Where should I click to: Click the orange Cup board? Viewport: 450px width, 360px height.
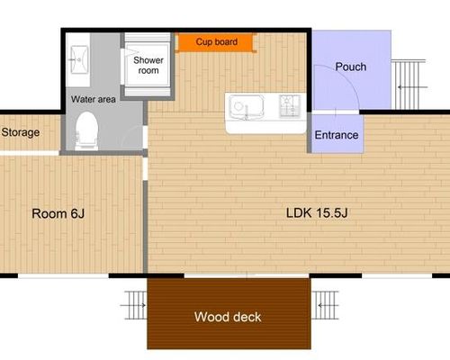[x=216, y=42]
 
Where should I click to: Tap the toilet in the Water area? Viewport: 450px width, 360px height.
[x=87, y=130]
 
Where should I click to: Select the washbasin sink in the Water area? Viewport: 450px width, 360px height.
[x=79, y=59]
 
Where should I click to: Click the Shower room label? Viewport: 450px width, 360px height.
[x=148, y=65]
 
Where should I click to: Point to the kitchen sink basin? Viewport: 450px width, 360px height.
[x=247, y=107]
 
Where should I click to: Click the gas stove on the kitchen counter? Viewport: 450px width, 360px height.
[x=290, y=106]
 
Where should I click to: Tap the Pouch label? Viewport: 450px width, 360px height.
[x=351, y=67]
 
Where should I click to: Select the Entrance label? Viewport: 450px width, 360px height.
[x=337, y=135]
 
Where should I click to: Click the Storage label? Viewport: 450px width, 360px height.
[x=21, y=132]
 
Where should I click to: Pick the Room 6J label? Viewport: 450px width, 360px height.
[x=58, y=213]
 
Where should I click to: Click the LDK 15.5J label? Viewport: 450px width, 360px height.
[x=317, y=213]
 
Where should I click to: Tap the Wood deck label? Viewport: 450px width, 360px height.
[x=228, y=317]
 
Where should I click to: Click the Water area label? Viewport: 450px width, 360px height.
[x=94, y=99]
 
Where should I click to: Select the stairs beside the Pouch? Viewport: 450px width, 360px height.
[x=409, y=85]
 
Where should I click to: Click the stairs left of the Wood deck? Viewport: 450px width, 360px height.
[x=134, y=305]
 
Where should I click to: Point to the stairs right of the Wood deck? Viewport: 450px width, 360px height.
[x=325, y=305]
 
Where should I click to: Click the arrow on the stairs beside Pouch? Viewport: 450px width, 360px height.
[x=412, y=87]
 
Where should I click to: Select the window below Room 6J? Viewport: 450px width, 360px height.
[x=63, y=275]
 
